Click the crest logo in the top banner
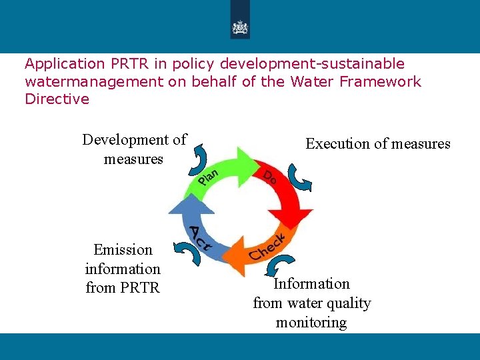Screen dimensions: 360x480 pyautogui.click(x=239, y=27)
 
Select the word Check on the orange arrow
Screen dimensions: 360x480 pyautogui.click(x=267, y=247)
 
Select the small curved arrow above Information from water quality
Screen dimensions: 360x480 pyautogui.click(x=273, y=267)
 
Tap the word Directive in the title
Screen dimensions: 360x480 pyautogui.click(x=57, y=99)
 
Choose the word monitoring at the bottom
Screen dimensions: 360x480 pyautogui.click(x=311, y=323)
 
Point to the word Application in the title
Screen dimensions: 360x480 pyautogui.click(x=64, y=64)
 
